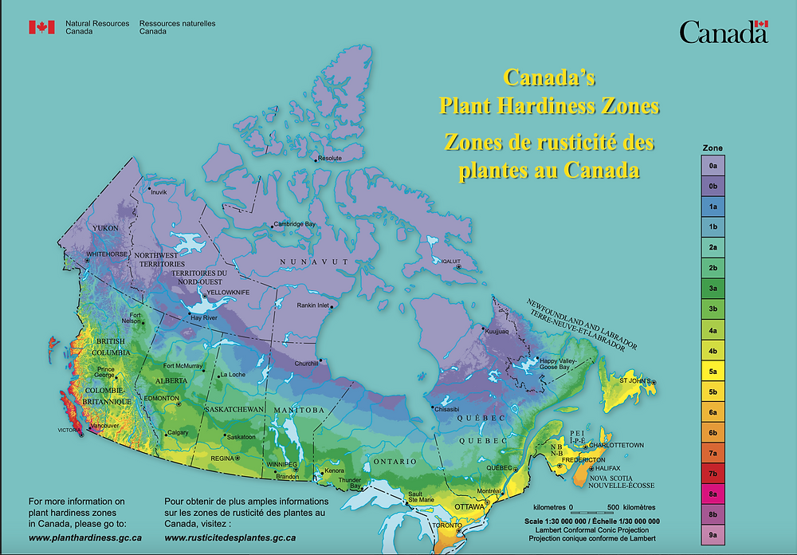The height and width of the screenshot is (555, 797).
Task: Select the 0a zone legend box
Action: (x=713, y=165)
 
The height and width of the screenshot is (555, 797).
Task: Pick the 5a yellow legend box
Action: (x=713, y=372)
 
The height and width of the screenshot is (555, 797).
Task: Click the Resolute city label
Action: (x=330, y=158)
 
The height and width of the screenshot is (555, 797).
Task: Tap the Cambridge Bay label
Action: (x=294, y=224)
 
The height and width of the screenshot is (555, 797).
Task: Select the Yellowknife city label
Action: (x=229, y=293)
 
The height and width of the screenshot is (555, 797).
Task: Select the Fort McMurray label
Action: (x=182, y=367)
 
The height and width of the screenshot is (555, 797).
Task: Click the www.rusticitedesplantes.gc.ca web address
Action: (x=230, y=537)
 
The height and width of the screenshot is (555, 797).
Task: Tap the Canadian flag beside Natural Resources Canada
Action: (x=41, y=27)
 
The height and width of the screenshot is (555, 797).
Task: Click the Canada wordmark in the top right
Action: (x=723, y=32)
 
